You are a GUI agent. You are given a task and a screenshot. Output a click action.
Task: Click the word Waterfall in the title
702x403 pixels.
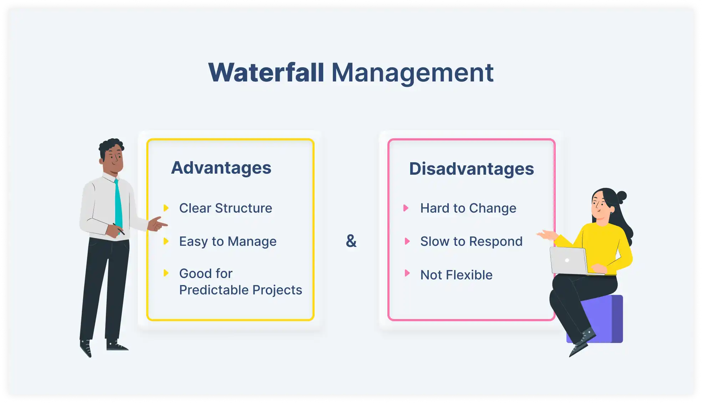[x=266, y=73]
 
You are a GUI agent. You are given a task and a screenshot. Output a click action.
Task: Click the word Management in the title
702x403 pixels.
[x=412, y=73]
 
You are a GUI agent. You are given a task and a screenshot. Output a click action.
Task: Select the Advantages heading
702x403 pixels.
[x=221, y=168]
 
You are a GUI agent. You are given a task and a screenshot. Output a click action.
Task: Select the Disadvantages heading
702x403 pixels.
[x=471, y=169]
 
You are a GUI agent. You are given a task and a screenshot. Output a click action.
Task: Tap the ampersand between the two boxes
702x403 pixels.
[x=351, y=241]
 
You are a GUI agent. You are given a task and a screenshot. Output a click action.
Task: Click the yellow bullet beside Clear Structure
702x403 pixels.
[x=166, y=208]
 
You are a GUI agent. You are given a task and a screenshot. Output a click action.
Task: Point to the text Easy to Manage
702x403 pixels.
[x=228, y=242]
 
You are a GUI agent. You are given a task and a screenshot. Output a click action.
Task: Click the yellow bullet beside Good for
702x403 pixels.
[x=166, y=273]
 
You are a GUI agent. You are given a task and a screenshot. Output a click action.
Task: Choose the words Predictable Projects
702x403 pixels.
[x=240, y=290]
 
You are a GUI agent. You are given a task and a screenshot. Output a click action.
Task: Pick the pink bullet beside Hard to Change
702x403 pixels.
[x=406, y=208]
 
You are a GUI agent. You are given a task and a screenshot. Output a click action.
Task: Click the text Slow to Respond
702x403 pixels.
[x=471, y=242]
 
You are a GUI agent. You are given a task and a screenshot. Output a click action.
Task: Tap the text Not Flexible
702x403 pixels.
[x=456, y=275]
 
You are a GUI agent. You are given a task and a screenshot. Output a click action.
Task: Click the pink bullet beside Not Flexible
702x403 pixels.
[x=407, y=273]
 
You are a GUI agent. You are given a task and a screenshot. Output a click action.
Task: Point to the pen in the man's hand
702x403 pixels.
[x=119, y=229]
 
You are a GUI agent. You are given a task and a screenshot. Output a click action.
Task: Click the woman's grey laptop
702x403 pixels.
[x=568, y=260]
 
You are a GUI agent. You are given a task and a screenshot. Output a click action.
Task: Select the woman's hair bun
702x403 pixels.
[x=622, y=196]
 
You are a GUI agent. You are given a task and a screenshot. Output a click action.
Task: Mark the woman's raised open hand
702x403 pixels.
[x=547, y=234]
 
